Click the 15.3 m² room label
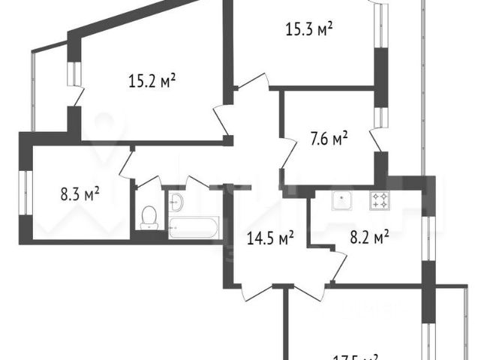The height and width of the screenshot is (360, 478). [x=309, y=30]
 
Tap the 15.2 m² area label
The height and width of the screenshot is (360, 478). [x=152, y=80]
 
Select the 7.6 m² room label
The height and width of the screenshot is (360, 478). [x=329, y=139]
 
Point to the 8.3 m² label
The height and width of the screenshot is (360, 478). [x=80, y=196]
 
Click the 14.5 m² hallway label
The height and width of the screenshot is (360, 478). [x=270, y=238]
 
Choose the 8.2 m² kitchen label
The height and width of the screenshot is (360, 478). [x=370, y=238]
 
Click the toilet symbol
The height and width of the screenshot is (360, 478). [x=148, y=217]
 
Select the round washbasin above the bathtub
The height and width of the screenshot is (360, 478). [x=176, y=200]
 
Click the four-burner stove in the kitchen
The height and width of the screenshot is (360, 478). [x=380, y=200]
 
